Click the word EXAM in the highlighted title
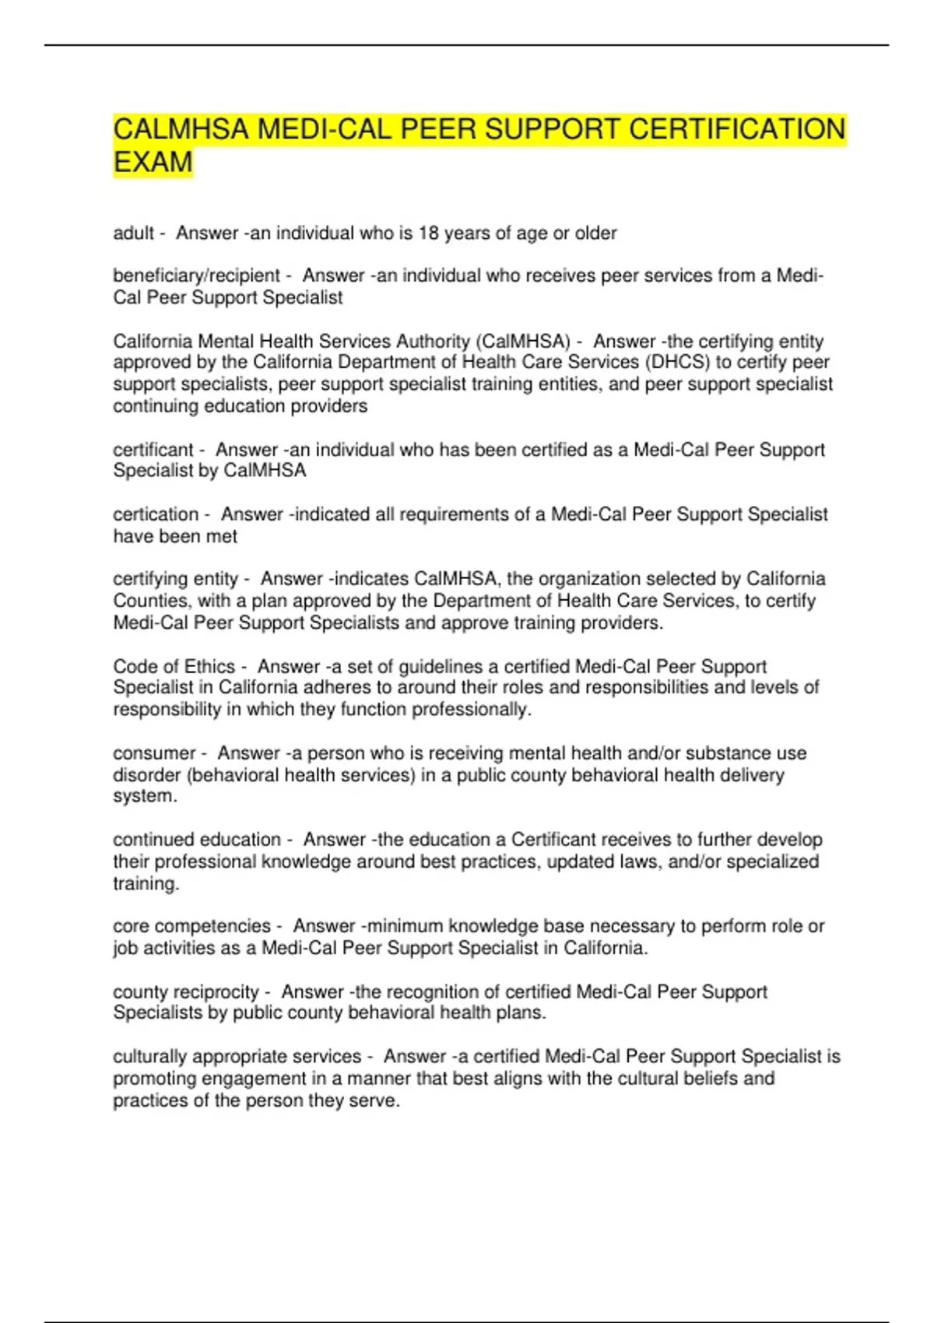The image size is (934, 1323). (153, 162)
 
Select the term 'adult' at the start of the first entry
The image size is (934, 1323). (133, 233)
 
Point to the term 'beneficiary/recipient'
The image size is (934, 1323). (196, 275)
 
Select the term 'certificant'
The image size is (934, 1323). (153, 449)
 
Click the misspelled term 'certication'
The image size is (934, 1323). (156, 514)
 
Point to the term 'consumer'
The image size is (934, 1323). (154, 753)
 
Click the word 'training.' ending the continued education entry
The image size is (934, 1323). (146, 883)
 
